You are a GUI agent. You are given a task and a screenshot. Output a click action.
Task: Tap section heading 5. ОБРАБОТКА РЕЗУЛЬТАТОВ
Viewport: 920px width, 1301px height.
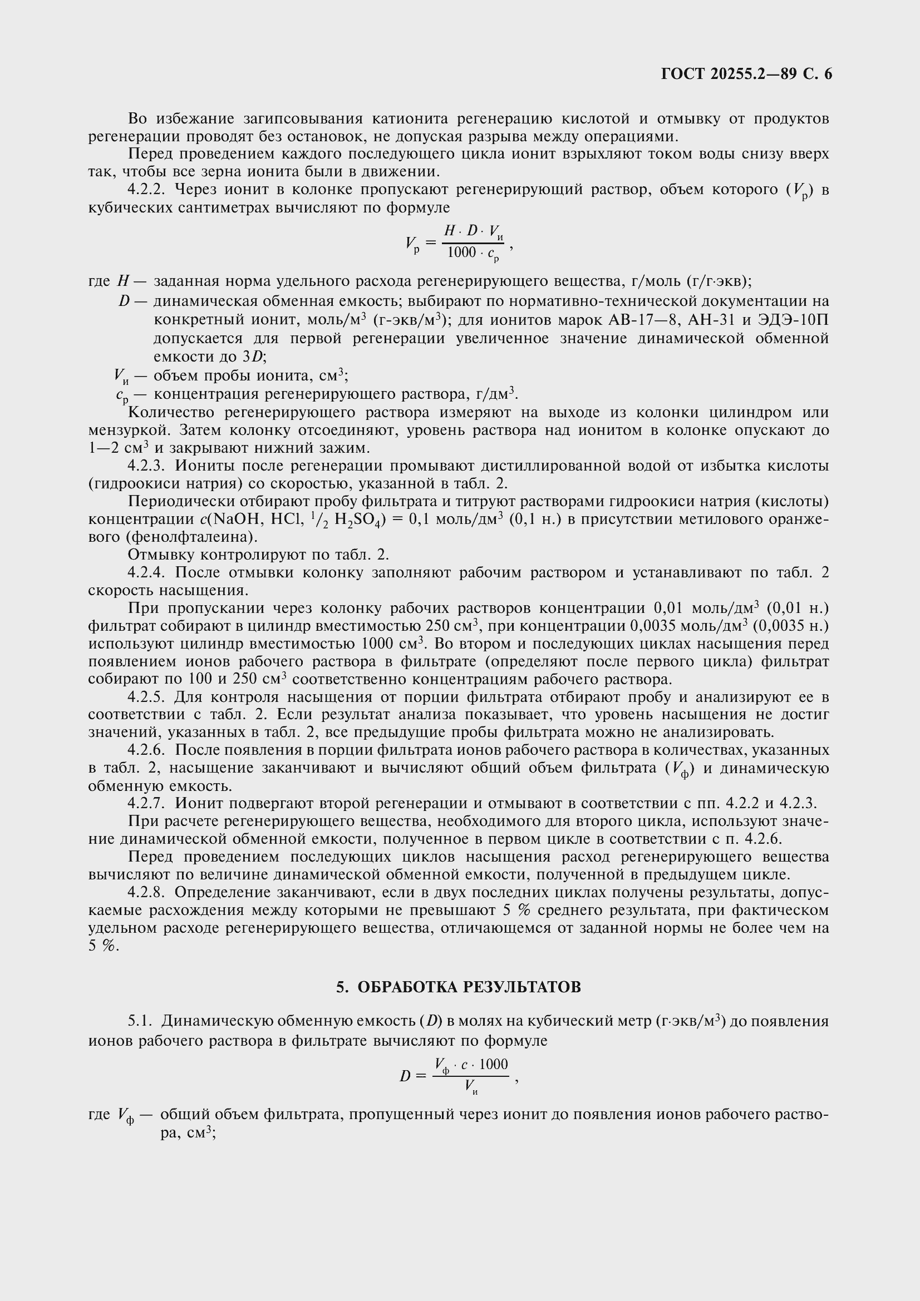point(459,987)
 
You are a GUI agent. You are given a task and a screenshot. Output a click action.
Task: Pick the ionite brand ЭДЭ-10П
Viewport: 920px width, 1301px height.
point(793,320)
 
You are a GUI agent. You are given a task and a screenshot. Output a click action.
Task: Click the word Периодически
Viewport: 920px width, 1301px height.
point(177,502)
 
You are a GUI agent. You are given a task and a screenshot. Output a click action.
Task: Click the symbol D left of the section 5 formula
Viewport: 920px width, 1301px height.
point(405,1076)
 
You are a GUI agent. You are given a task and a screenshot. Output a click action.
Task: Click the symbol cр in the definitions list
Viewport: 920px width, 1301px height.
point(121,395)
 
